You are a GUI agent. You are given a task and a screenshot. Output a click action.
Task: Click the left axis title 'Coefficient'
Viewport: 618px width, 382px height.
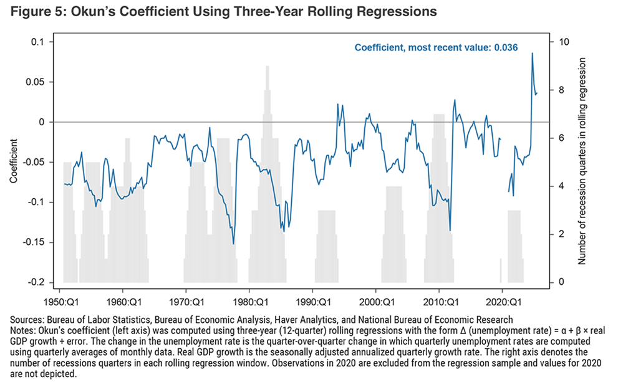(x=13, y=161)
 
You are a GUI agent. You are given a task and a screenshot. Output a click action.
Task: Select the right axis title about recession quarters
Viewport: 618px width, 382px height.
(x=583, y=161)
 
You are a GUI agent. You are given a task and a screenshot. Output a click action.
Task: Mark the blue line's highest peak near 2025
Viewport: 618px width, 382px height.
(x=532, y=53)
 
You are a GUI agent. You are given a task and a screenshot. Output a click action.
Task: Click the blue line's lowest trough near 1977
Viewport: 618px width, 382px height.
(x=234, y=244)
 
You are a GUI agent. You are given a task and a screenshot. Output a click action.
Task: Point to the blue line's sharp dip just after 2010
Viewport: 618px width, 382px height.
(x=450, y=231)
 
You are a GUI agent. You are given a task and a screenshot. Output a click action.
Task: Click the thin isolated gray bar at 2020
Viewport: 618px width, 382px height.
(x=501, y=270)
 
